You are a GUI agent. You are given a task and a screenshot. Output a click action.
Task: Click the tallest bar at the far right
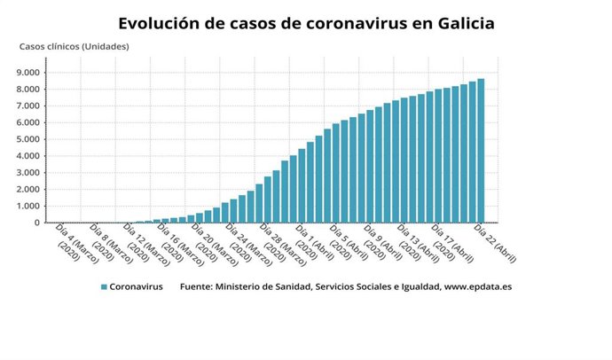(x=481, y=151)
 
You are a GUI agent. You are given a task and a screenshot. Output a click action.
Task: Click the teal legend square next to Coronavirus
(x=104, y=287)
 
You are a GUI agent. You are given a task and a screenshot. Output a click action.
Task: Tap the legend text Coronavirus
(x=136, y=287)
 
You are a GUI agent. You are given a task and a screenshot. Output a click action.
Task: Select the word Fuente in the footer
(x=198, y=287)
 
